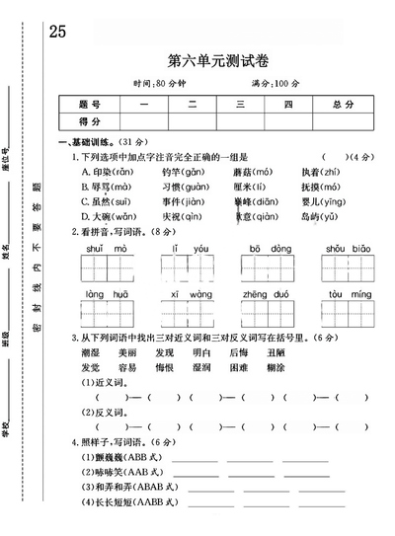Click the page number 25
click(x=56, y=30)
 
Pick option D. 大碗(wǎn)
click(x=110, y=216)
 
